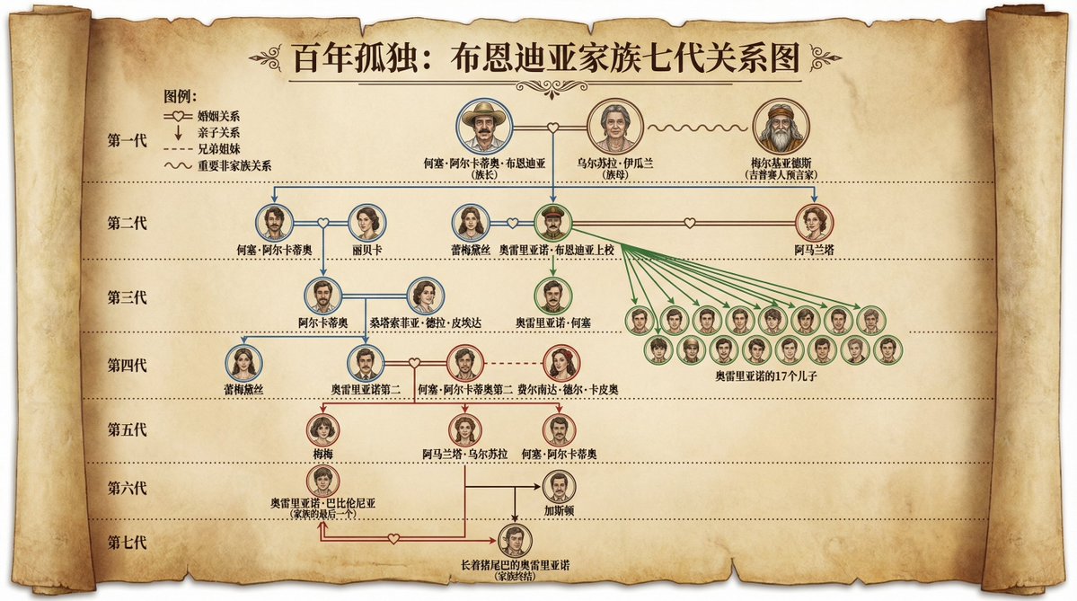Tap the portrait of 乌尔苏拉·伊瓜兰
tap(616, 128)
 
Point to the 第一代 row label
tap(127, 142)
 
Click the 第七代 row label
tap(127, 543)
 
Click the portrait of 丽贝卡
tap(367, 222)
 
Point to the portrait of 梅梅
tap(322, 429)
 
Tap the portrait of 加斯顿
tap(560, 487)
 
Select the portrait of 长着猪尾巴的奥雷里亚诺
tap(515, 542)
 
